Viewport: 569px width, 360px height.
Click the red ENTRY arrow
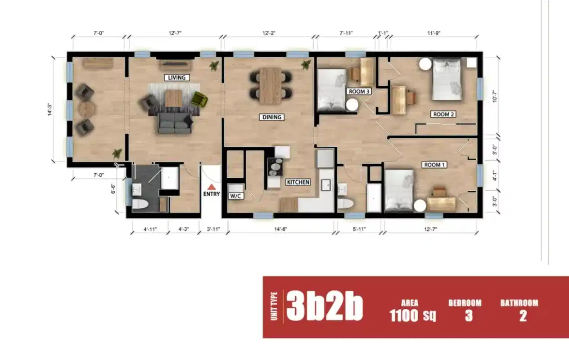pos(212,187)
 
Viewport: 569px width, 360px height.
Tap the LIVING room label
pos(176,77)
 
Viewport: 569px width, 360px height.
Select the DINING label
pos(271,117)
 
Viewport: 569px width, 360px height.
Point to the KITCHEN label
pos(298,182)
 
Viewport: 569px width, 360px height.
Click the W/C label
pos(236,196)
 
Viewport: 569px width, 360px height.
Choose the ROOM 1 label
pos(434,165)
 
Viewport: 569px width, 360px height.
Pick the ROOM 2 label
pos(443,114)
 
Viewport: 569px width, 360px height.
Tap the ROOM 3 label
pos(359,91)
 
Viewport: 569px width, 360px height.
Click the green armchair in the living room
pos(198,99)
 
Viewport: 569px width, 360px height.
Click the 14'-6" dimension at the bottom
pos(280,229)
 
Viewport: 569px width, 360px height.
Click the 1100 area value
pos(404,316)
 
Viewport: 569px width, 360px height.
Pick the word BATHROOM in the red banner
pos(519,303)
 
